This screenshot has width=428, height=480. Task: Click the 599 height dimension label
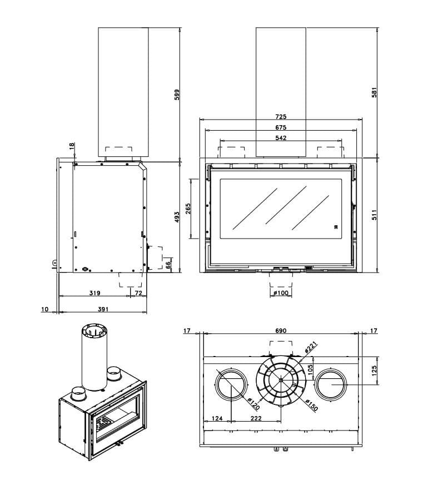click(x=177, y=95)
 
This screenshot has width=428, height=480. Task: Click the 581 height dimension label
click(x=374, y=92)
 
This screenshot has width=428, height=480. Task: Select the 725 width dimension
click(x=281, y=117)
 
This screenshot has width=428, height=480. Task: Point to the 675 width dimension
click(x=281, y=127)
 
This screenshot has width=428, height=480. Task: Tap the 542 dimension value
click(x=281, y=138)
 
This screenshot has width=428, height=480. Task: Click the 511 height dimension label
click(x=374, y=215)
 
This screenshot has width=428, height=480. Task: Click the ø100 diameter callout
click(x=281, y=293)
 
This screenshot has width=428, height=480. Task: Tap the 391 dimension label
click(x=103, y=309)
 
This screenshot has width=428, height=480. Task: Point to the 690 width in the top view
click(x=281, y=331)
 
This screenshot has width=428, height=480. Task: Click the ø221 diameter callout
click(x=310, y=349)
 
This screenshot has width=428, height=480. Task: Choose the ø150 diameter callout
click(x=311, y=406)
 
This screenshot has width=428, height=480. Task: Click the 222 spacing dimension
click(x=256, y=418)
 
